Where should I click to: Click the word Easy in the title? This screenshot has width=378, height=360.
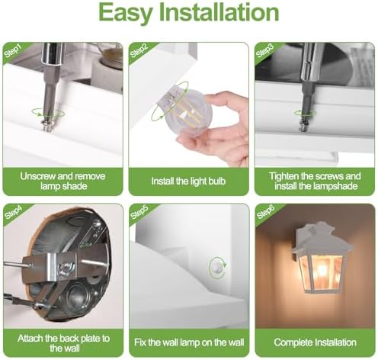click(x=126, y=13)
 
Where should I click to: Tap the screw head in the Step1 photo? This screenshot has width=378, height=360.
click(x=47, y=126)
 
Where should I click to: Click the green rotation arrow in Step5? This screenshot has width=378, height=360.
click(x=217, y=268)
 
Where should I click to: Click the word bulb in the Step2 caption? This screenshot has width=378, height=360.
click(x=217, y=182)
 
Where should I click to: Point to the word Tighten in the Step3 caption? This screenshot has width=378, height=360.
click(x=283, y=176)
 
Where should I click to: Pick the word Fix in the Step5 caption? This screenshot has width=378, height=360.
click(x=140, y=342)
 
